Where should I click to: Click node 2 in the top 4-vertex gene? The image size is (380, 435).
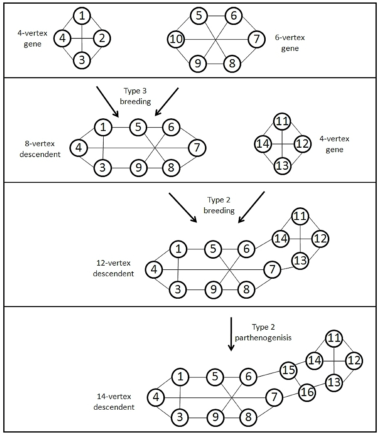102,39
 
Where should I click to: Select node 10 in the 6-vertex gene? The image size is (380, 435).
176,40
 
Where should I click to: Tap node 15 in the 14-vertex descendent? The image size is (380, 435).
289,370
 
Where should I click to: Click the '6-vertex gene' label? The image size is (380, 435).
290,43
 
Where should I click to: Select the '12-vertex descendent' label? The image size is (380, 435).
113,269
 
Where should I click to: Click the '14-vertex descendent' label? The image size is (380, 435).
114,402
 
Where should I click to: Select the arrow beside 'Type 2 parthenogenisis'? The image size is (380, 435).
231,334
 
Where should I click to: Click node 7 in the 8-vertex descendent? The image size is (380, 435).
197,147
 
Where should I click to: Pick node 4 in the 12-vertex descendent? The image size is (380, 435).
154,269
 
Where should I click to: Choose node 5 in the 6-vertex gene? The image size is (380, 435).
199,16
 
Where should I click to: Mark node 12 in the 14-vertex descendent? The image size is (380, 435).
354,360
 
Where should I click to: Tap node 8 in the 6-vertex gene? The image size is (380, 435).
232,63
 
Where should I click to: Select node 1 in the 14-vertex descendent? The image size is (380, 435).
180,376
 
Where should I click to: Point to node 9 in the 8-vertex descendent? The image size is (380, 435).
139,168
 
